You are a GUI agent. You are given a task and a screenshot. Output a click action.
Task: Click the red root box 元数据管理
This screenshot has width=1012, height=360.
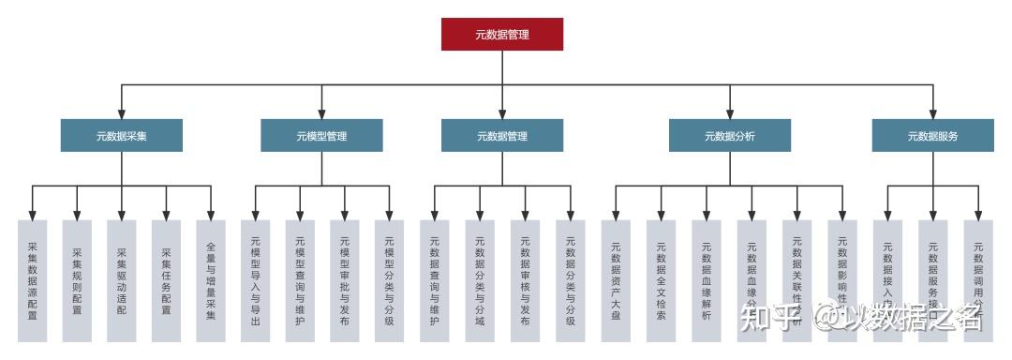[502, 35]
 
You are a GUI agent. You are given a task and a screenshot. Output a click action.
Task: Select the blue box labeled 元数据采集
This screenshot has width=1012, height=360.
[122, 136]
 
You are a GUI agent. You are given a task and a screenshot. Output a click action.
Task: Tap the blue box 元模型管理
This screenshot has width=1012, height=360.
[321, 136]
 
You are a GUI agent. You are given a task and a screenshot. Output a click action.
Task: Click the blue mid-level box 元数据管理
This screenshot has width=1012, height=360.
[502, 136]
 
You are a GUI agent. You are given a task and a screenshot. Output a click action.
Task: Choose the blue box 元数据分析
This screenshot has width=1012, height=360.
[729, 136]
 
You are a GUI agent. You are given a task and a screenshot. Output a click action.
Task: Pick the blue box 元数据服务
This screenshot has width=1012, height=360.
[932, 136]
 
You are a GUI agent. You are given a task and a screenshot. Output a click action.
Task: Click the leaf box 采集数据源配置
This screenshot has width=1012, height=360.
[33, 280]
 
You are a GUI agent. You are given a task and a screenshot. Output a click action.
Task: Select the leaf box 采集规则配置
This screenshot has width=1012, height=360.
[77, 280]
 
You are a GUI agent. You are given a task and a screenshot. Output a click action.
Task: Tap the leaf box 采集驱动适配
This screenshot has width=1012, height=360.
[122, 280]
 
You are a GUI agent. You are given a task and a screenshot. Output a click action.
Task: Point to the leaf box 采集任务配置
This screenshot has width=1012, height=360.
[166, 280]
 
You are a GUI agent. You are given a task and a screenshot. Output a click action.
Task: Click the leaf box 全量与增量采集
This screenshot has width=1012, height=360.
[211, 280]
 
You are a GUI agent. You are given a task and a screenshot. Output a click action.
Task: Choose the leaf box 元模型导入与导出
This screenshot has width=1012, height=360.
[255, 280]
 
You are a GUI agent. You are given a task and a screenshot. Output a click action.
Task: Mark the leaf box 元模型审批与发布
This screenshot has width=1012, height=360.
[344, 280]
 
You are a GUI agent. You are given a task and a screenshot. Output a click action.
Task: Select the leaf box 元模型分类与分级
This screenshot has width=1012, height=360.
[389, 280]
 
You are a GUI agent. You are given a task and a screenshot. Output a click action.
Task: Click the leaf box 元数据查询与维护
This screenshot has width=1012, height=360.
[434, 280]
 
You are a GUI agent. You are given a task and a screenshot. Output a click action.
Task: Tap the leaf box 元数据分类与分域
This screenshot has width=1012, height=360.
[480, 280]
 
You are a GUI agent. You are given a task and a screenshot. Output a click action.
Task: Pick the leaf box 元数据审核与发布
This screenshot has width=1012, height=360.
[525, 280]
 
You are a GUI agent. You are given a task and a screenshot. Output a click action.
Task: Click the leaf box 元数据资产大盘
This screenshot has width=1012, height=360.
[616, 280]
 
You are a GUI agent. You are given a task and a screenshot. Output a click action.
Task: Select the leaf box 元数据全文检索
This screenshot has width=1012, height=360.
[661, 280]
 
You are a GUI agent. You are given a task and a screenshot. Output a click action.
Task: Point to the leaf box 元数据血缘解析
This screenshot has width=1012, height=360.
[707, 280]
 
